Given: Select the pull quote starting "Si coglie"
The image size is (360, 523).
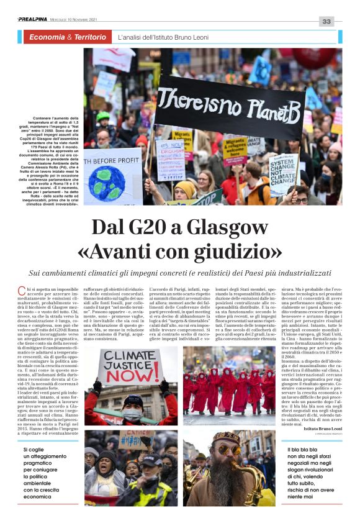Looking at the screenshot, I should [x=50, y=473].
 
